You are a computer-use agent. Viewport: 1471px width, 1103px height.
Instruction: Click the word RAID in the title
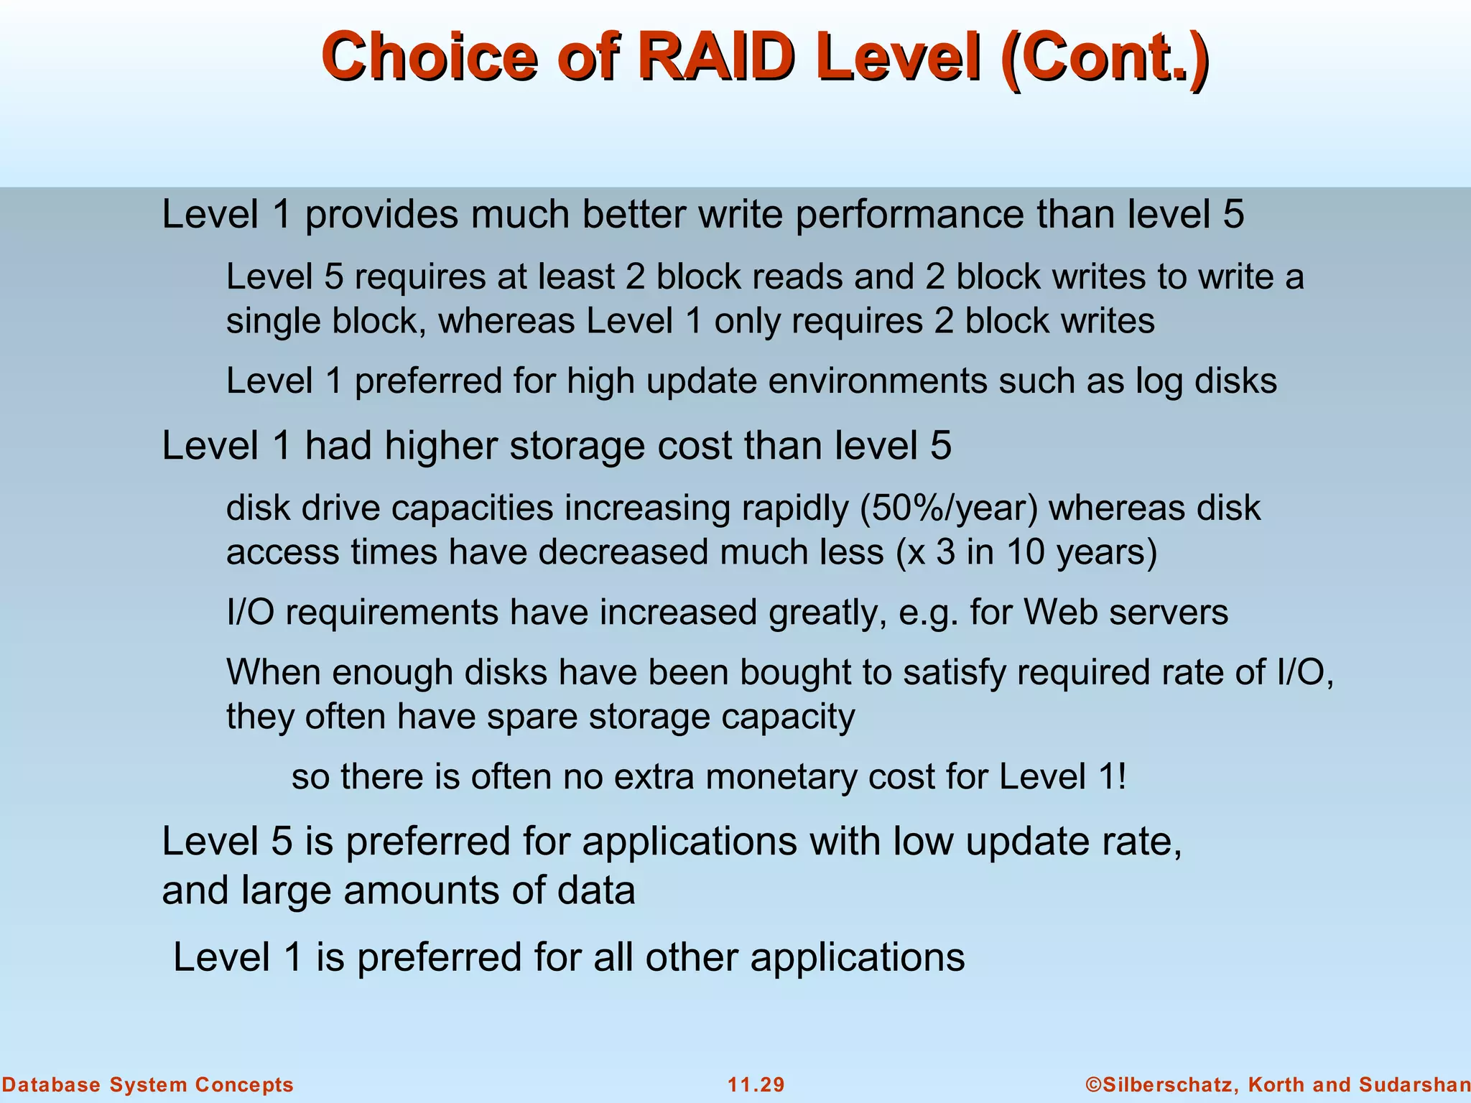(x=718, y=57)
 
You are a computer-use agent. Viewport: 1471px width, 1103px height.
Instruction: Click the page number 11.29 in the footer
(x=756, y=1085)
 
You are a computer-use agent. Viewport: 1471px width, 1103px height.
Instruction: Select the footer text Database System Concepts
(x=148, y=1085)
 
